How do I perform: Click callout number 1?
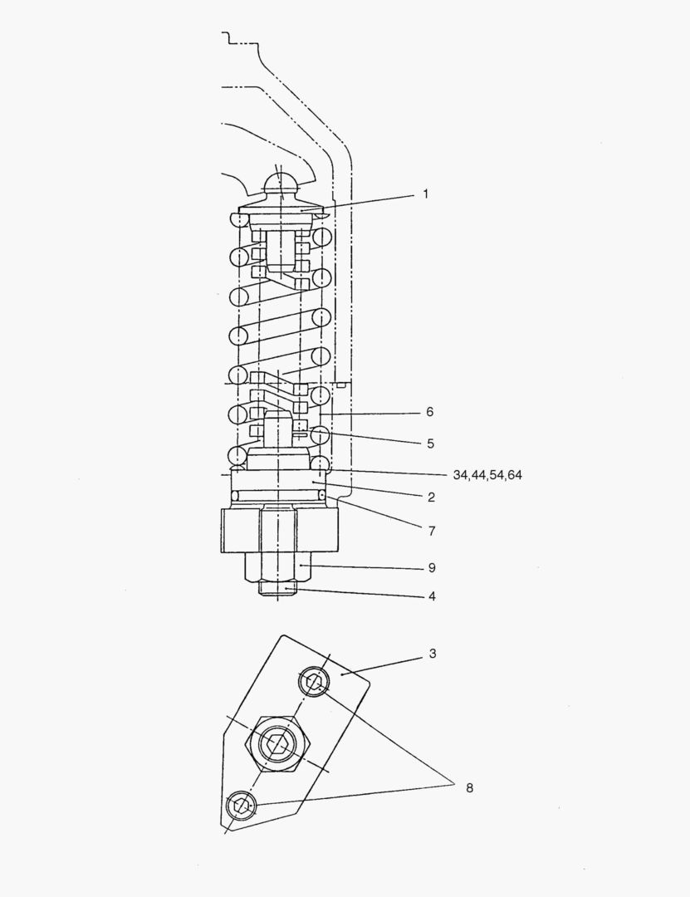pos(425,194)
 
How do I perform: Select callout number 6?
pos(428,412)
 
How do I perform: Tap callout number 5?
pos(429,444)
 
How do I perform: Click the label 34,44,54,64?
pos(487,475)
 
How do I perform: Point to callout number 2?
pos(431,498)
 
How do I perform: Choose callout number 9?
pos(430,568)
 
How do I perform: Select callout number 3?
pos(432,654)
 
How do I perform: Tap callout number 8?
pos(469,787)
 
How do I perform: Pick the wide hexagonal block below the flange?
pos(280,530)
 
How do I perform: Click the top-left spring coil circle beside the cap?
pos(237,220)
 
